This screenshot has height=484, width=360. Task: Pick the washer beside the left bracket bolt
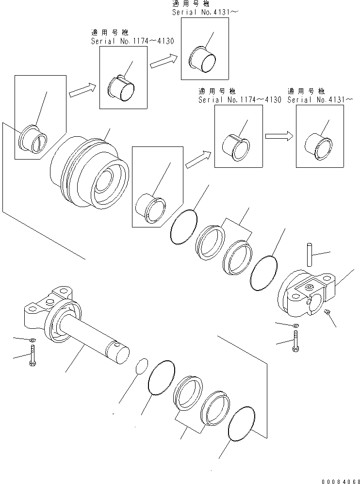(32, 341)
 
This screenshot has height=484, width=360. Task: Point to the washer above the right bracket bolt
(295, 325)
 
